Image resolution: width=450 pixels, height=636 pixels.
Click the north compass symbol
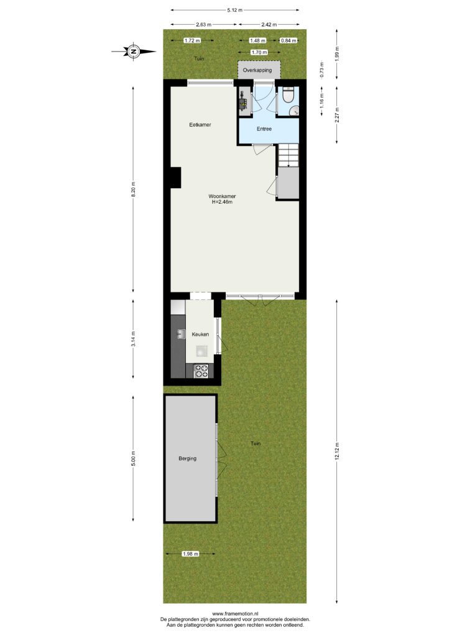coord(133,52)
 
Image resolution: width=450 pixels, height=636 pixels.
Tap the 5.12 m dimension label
coord(235,10)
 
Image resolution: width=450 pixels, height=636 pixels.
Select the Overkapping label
coord(257,70)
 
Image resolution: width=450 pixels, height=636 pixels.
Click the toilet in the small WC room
coord(289,96)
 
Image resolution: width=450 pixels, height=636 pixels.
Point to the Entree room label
coord(264,129)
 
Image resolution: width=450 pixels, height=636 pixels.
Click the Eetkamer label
coord(200,125)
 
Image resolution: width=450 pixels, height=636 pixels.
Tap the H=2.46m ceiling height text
coord(223,202)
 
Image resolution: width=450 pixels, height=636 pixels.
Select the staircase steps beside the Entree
coord(288,155)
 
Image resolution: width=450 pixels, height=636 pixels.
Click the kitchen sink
coord(181,334)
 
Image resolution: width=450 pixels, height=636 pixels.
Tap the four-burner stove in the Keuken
coord(201,371)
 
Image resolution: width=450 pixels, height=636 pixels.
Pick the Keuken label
coord(201,334)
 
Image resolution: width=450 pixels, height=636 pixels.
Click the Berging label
coord(188,459)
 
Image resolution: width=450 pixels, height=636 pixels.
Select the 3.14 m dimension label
coord(133,338)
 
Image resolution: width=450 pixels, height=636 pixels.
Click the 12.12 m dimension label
coord(336,451)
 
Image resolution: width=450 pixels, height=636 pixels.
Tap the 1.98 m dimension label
coord(190,554)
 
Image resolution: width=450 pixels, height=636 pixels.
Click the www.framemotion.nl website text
coord(236,614)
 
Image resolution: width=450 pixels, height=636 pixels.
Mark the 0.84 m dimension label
coord(288,40)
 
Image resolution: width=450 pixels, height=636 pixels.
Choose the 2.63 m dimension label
coord(204,25)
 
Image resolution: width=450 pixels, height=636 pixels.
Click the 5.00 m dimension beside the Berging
coord(133,458)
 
